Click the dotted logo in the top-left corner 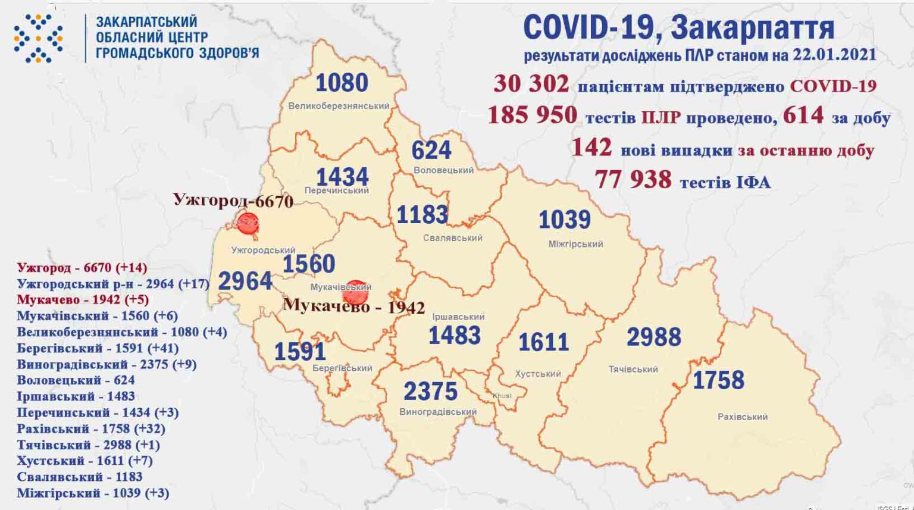(38, 39)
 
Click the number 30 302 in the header (531, 84)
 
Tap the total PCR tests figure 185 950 (532, 115)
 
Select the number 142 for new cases (591, 147)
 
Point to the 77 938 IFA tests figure (633, 179)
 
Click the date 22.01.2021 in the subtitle (834, 55)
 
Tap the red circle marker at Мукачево (355, 292)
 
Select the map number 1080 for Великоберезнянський (342, 83)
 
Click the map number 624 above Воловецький (431, 150)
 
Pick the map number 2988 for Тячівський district (653, 337)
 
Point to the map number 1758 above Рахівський (718, 380)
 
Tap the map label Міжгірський (575, 244)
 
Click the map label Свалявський (453, 238)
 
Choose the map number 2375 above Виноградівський (430, 391)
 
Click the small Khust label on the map (502, 396)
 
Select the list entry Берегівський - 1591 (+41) (98, 348)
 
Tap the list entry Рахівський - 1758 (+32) (91, 428)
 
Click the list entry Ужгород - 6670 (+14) (82, 268)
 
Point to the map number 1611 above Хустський (543, 342)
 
